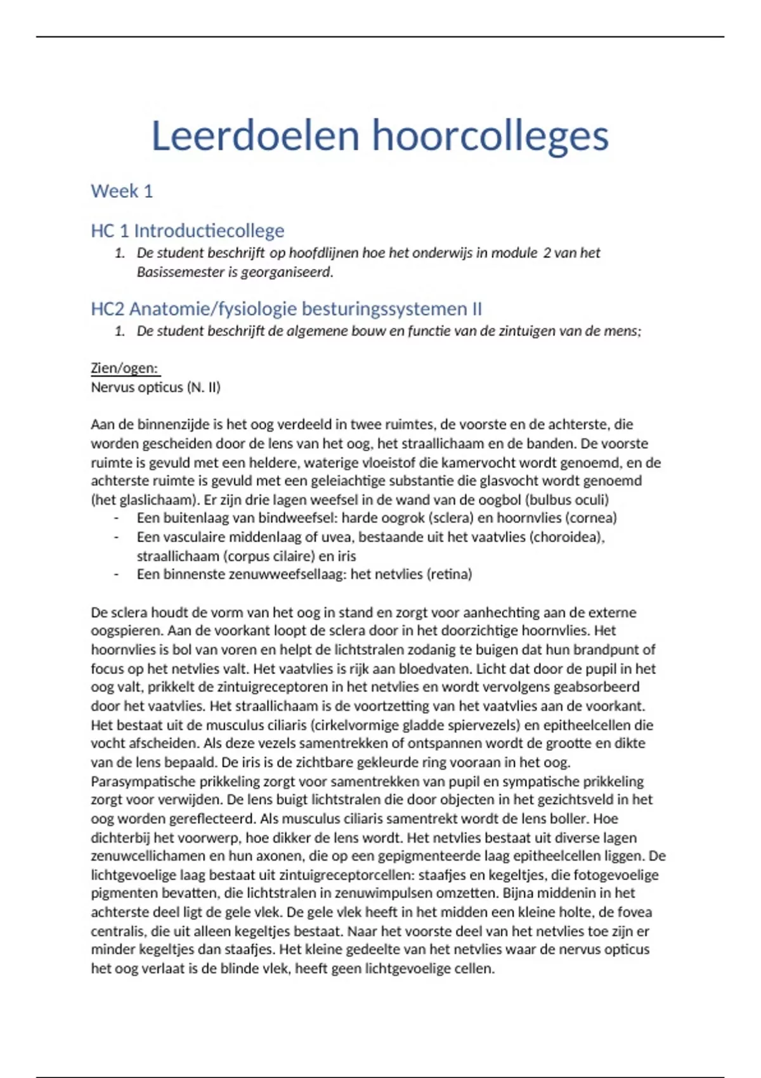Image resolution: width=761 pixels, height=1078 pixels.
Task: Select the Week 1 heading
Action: pos(122,191)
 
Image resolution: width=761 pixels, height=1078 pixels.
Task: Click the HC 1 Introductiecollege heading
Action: pos(187,230)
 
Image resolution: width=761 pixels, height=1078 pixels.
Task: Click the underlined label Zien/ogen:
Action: pos(124,368)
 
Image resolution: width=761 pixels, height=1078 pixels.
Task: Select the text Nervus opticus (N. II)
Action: pos(155,387)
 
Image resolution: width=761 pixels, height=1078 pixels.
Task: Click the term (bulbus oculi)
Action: pos(567,500)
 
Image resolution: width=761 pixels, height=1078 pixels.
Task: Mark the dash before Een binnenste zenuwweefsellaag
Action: pos(117,575)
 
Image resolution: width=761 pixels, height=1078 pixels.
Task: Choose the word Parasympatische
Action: pos(144,781)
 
